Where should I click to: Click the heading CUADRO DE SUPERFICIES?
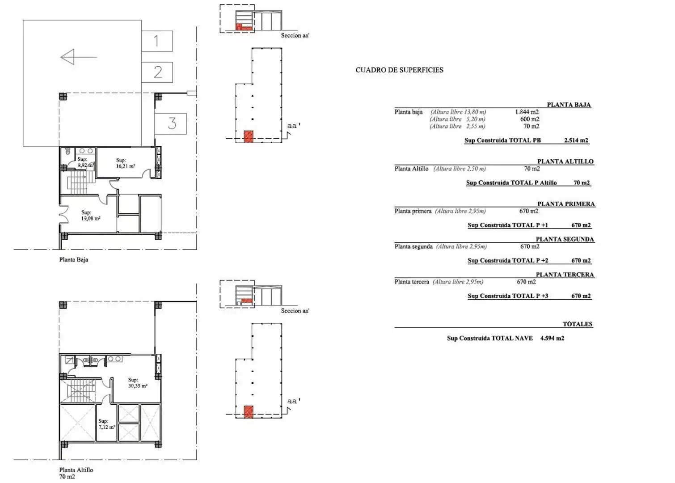(399, 70)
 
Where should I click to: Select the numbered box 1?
(157, 41)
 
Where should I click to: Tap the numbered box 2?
(157, 72)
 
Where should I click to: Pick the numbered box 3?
(171, 123)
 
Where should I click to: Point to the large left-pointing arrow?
(79, 57)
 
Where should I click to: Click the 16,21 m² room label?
(125, 163)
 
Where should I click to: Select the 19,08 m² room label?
(90, 215)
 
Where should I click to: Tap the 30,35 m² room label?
(138, 383)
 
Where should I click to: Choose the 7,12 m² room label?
(107, 424)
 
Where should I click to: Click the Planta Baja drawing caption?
(73, 259)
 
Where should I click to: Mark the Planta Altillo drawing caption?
(76, 470)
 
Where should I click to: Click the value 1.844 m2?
(527, 112)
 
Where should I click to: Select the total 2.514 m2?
(576, 140)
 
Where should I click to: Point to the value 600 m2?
(530, 119)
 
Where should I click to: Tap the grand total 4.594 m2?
(552, 338)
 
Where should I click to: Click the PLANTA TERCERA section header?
(565, 275)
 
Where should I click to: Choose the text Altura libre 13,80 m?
(458, 112)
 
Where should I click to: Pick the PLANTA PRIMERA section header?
(566, 204)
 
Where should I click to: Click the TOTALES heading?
(578, 324)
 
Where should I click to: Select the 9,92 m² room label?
(86, 162)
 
